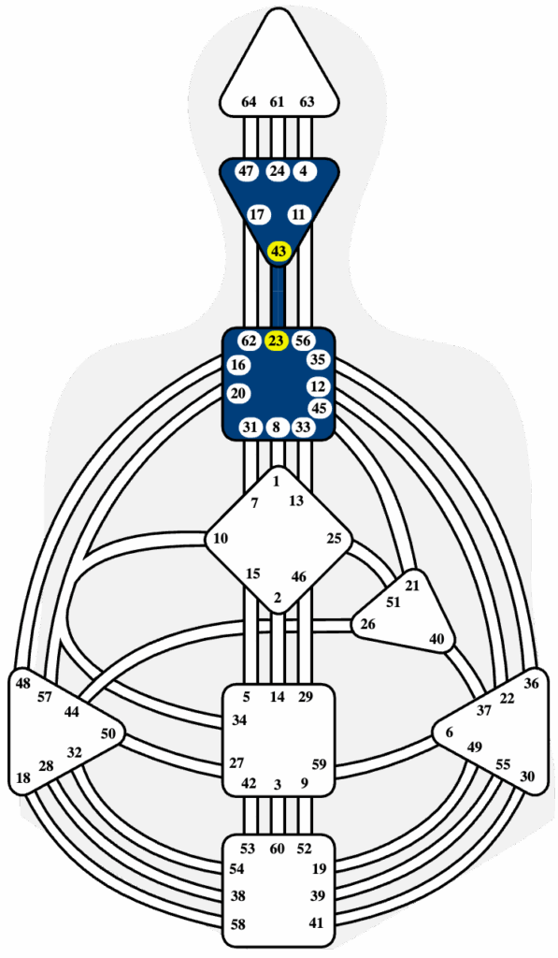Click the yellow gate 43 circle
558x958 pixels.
[x=279, y=251]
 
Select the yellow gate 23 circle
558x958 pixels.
[x=276, y=341]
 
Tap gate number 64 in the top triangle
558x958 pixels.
[x=249, y=102]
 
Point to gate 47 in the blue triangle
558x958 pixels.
[x=246, y=171]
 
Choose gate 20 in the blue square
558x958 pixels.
[x=238, y=394]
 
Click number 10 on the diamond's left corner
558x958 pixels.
[x=221, y=538]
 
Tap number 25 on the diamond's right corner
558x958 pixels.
[x=334, y=538]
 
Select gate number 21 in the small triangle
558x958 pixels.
[x=413, y=586]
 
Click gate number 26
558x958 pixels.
[x=367, y=624]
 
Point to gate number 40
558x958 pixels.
[x=436, y=639]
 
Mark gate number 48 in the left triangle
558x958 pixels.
[x=23, y=683]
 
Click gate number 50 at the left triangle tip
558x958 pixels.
[x=107, y=733]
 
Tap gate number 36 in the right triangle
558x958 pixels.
[x=531, y=683]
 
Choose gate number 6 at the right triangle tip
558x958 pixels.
[x=450, y=733]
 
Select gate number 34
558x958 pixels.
[x=238, y=720]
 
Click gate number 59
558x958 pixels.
[x=319, y=763]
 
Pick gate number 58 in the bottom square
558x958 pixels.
[x=238, y=924]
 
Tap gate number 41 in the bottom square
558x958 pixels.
[x=316, y=923]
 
